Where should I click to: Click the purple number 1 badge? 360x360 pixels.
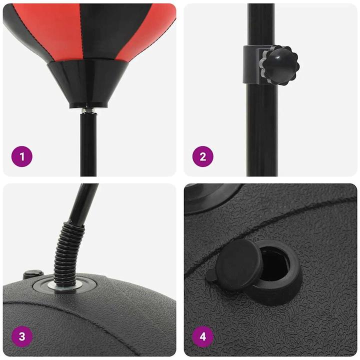click(x=21, y=156)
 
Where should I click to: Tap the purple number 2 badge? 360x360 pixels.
click(x=202, y=156)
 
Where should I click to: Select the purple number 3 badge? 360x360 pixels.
click(x=21, y=336)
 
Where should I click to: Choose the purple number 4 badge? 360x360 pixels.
click(x=202, y=336)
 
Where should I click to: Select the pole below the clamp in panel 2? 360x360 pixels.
click(x=261, y=130)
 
